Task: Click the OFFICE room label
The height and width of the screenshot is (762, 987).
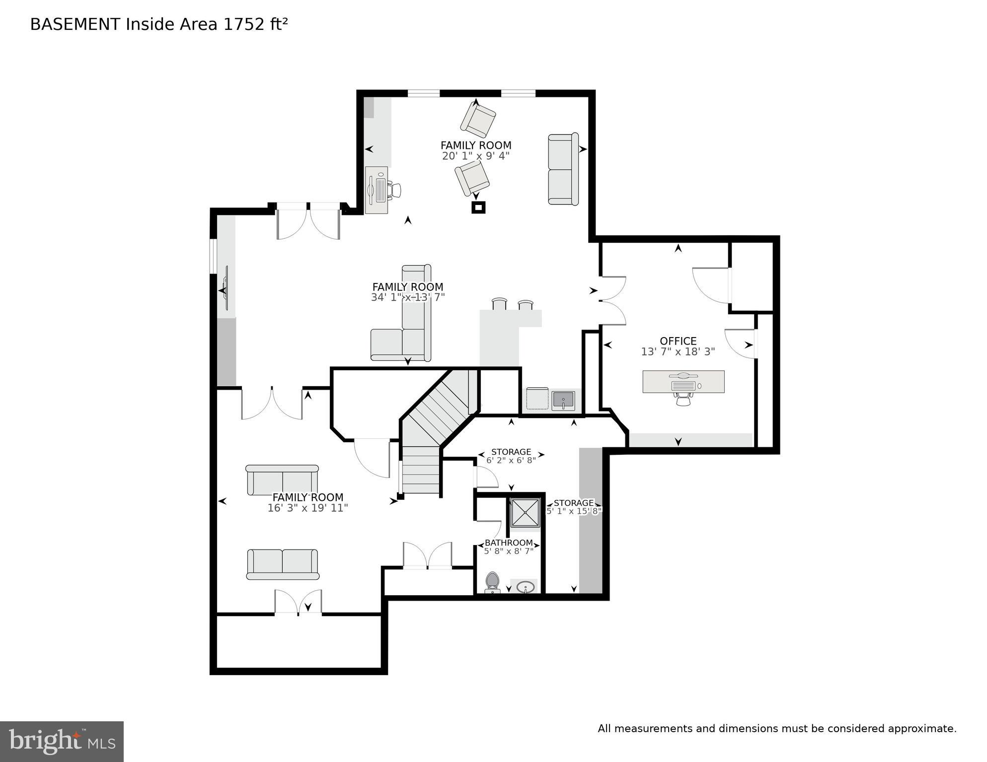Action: (x=678, y=341)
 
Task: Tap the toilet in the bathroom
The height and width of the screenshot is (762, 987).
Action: (x=492, y=581)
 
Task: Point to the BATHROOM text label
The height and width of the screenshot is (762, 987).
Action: (x=509, y=543)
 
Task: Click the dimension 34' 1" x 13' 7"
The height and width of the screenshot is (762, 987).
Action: (x=407, y=297)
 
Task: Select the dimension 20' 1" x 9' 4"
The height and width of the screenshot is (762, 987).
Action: (x=475, y=156)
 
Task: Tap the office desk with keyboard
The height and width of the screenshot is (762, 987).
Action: (x=683, y=382)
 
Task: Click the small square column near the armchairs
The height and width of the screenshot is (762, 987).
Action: (x=478, y=208)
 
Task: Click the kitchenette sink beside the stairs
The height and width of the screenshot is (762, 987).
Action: (x=563, y=400)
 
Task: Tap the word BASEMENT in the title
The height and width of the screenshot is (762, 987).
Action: (x=75, y=24)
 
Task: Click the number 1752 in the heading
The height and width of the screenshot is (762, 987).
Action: (x=243, y=24)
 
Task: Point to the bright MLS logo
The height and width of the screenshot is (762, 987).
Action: (x=62, y=741)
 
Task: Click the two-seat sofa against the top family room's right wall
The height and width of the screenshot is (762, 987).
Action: (x=563, y=169)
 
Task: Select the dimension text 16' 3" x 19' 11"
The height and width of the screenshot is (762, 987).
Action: (x=307, y=508)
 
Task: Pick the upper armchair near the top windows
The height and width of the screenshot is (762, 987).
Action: (x=478, y=119)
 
